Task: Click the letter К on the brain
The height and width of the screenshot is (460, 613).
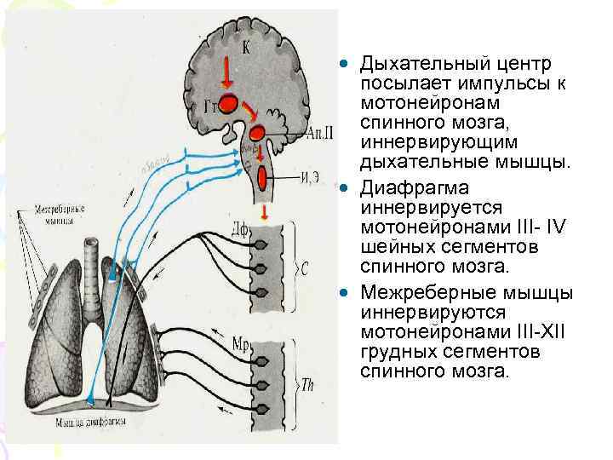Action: pos(245,48)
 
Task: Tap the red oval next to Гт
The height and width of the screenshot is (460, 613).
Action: pos(228,104)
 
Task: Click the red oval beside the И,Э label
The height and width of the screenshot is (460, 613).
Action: pos(264,177)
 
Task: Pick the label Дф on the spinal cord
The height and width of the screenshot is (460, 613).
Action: pos(239,227)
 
